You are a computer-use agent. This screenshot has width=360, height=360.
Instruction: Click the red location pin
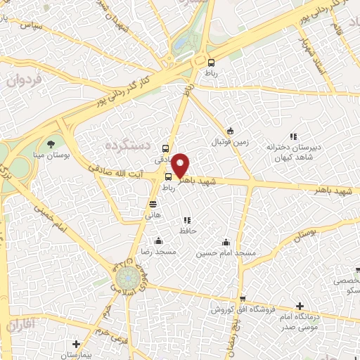tap(181, 165)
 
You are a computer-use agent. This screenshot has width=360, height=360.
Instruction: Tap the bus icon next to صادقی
tap(165, 148)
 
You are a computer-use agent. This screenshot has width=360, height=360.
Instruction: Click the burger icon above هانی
tap(153, 204)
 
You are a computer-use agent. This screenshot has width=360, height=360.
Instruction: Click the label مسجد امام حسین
tap(226, 251)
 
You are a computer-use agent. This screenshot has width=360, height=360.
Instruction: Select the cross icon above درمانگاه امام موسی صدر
tap(300, 306)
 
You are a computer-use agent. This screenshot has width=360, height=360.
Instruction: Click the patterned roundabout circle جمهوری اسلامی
tap(127, 275)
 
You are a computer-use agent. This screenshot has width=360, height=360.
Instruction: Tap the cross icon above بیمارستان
tap(76, 345)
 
